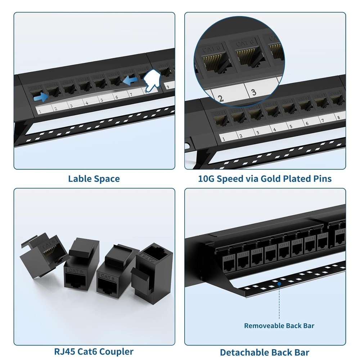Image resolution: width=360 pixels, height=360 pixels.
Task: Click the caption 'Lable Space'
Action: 94,179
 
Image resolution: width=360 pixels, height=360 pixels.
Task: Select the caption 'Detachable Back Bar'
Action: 265,352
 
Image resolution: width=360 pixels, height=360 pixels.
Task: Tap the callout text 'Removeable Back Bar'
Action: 279,326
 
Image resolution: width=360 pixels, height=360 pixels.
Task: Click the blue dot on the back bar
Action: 279,284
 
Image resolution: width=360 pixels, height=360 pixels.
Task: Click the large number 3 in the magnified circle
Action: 254,92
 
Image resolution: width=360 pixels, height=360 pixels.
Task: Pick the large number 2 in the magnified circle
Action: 221,98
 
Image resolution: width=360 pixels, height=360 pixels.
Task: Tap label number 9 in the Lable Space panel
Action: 167,86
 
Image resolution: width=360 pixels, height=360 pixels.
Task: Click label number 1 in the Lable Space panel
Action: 39,112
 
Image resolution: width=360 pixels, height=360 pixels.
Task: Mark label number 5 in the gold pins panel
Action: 291,126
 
